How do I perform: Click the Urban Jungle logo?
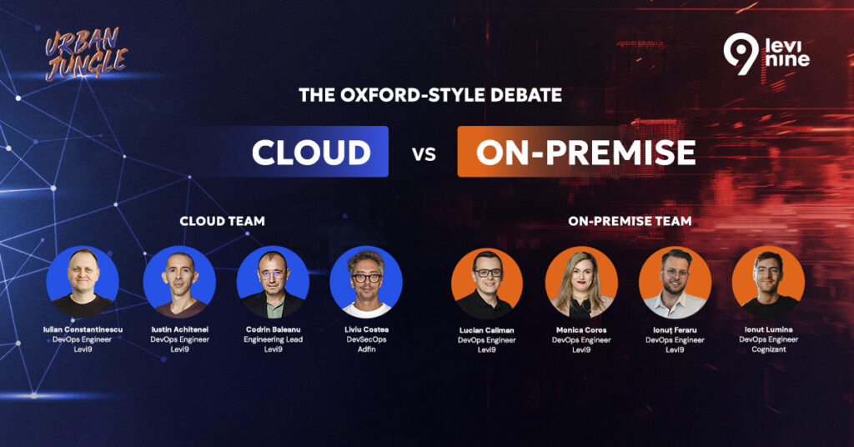pos(86,54)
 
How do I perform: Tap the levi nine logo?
pos(766,54)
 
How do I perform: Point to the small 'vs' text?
pos(424,154)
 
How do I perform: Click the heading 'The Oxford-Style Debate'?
pos(430,95)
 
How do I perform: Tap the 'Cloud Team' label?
pos(222,221)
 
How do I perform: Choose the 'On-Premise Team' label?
pos(630,221)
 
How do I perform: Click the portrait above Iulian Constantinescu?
pos(83,282)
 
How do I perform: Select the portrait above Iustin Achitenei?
pos(180,282)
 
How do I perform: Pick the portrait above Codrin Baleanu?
pos(273,282)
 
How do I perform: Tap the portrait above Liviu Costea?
pos(366,282)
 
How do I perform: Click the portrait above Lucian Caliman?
pos(487,283)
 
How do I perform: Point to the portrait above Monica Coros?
pos(581,283)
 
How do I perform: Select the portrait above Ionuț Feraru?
pos(675,283)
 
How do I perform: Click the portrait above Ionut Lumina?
pos(768,282)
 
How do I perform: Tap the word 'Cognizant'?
pos(768,349)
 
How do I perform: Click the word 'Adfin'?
pos(367,349)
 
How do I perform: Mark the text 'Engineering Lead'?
pos(273,339)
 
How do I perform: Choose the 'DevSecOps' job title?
pos(367,339)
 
